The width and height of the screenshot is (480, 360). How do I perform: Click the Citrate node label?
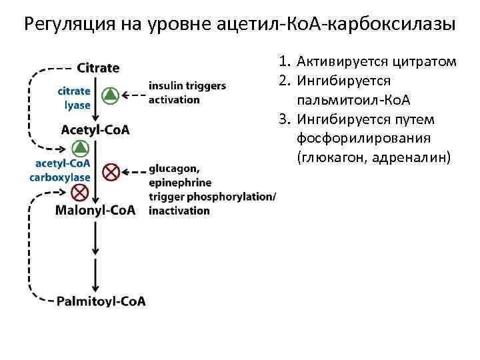(x=98, y=68)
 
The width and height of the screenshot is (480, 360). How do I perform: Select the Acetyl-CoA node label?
(x=95, y=129)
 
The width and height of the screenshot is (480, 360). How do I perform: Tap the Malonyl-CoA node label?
(x=95, y=211)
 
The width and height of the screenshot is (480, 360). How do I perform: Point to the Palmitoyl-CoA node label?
(x=101, y=301)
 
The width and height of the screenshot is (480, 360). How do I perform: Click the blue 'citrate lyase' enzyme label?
(x=74, y=98)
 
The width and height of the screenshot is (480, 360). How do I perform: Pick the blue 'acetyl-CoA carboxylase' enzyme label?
(x=60, y=171)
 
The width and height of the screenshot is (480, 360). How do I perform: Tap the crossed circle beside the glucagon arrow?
(x=111, y=172)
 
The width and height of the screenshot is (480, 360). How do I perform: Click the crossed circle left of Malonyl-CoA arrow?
(x=79, y=193)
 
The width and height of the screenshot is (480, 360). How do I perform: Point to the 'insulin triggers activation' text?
(x=187, y=93)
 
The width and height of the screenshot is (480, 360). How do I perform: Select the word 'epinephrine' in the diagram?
(x=180, y=182)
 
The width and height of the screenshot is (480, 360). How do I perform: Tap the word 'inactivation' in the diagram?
(x=179, y=211)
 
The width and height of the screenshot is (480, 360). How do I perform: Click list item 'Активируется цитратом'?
(x=377, y=62)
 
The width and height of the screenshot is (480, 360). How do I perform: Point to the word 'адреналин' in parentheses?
(x=413, y=157)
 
